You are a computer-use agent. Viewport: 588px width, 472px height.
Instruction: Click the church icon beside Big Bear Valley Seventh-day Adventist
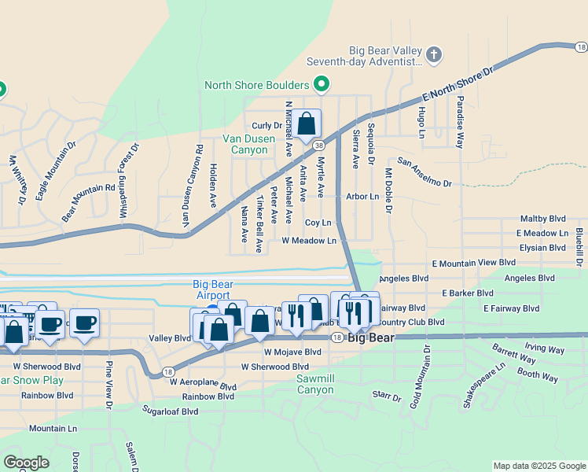click(434, 54)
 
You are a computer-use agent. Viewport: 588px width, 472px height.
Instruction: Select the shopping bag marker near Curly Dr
click(307, 124)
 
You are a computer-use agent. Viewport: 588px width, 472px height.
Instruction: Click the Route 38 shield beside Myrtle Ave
click(318, 145)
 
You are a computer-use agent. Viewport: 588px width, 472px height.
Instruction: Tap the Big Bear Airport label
click(212, 289)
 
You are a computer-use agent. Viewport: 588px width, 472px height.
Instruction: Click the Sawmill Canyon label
click(315, 384)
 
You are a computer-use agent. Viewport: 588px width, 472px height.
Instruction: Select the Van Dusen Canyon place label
click(249, 144)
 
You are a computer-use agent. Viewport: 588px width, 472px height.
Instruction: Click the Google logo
click(26, 462)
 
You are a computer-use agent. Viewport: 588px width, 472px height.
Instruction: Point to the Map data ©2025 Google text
click(538, 466)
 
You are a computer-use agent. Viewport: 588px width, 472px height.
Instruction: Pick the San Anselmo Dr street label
click(424, 172)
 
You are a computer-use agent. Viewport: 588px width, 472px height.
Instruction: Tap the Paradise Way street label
click(461, 122)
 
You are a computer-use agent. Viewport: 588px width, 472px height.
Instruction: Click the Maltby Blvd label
click(543, 219)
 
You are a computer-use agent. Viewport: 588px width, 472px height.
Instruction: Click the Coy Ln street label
click(318, 223)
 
